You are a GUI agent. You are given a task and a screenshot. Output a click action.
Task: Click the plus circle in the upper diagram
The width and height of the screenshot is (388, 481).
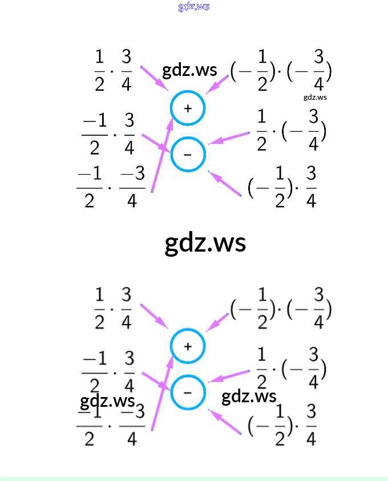(x=187, y=108)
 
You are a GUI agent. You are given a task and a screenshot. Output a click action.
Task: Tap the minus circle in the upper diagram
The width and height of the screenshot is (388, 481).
(x=187, y=154)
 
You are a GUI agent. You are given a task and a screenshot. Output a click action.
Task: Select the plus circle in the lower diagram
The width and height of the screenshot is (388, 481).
(x=187, y=346)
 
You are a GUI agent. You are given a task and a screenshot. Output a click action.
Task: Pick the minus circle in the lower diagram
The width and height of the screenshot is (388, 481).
(x=187, y=392)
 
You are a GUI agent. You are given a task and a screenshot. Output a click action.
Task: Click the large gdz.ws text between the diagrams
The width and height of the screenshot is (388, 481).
(x=205, y=242)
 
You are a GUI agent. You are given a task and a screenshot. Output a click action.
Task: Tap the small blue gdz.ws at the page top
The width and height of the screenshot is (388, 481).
(x=194, y=7)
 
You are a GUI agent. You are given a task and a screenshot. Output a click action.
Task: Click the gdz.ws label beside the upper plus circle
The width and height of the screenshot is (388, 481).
(x=189, y=70)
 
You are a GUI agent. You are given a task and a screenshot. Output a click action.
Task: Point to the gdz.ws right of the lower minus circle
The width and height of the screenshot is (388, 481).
(x=249, y=397)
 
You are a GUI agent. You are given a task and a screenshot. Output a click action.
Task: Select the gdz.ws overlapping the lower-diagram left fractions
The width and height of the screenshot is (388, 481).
(x=107, y=401)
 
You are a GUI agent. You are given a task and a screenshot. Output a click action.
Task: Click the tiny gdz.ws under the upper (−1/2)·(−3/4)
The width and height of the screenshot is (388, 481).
(x=315, y=97)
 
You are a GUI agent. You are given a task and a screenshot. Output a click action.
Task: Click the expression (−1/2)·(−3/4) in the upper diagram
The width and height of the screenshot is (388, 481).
(x=281, y=71)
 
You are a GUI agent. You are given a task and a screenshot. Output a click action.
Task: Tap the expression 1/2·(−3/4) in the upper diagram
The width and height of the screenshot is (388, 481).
(x=291, y=131)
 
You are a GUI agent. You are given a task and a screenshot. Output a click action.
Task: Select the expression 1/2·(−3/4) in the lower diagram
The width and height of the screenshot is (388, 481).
(x=291, y=369)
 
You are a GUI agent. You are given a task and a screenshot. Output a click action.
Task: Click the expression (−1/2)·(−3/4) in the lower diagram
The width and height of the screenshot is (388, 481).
(x=281, y=309)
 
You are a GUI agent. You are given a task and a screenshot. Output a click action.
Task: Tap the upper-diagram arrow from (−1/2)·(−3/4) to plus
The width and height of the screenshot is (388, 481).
(x=217, y=84)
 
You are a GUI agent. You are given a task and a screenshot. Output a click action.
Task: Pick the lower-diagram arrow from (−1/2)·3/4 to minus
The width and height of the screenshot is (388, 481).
(x=225, y=422)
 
